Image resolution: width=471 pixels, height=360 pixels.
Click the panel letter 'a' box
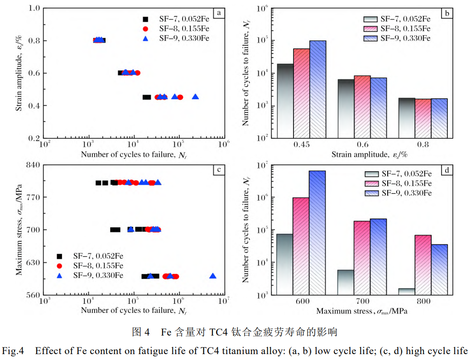click(x=219, y=13)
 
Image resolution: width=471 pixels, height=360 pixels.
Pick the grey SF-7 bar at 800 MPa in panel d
click(x=407, y=291)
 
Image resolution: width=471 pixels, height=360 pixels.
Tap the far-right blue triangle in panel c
click(x=213, y=276)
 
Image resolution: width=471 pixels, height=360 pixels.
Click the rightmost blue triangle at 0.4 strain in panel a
click(x=195, y=97)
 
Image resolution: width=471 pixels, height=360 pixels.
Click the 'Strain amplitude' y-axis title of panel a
click(x=20, y=72)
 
